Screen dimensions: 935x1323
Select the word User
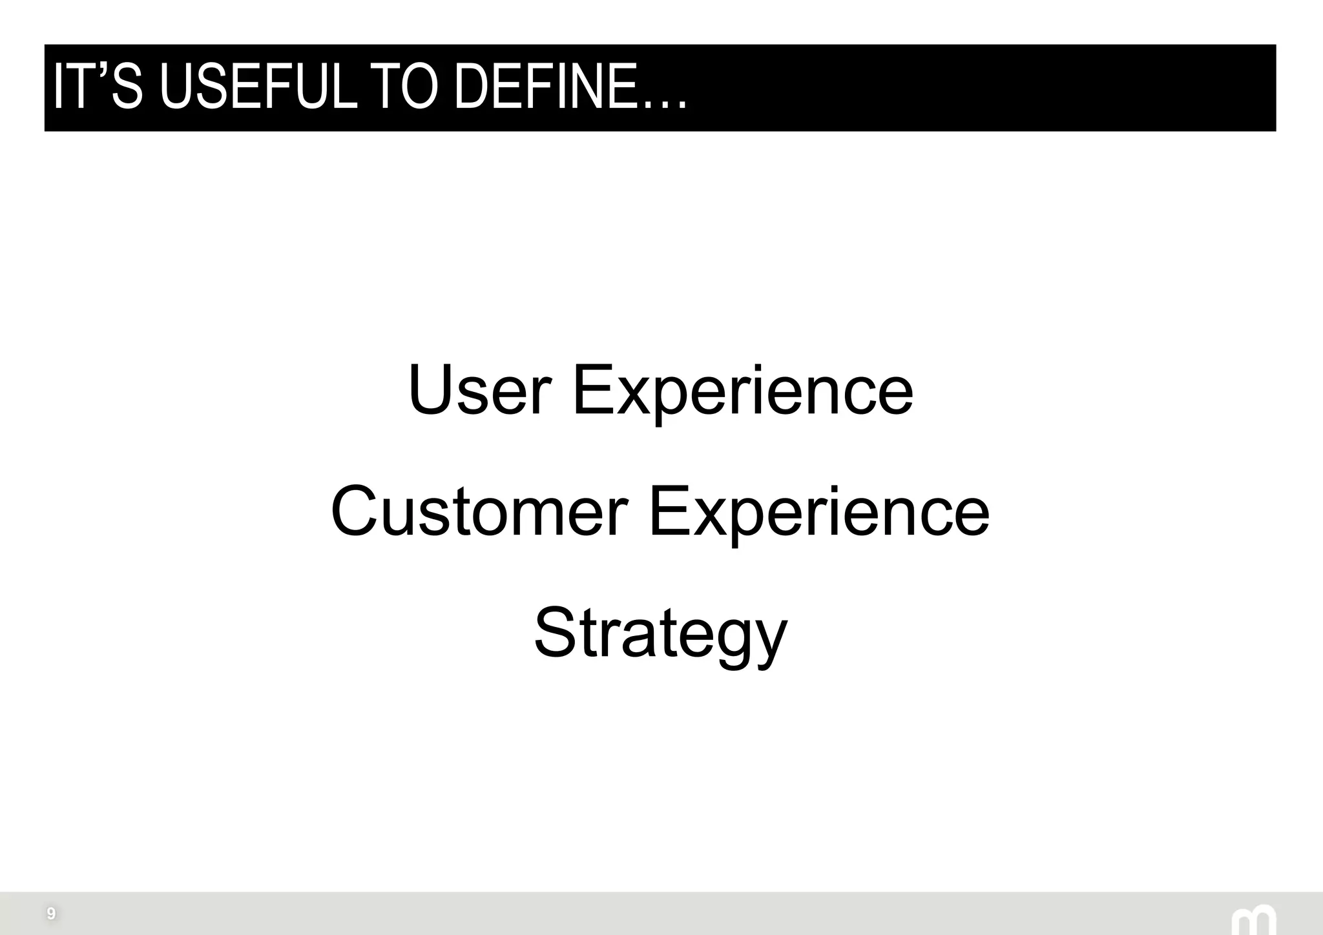pyautogui.click(x=479, y=390)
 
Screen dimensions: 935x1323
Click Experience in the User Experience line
pyautogui.click(x=743, y=390)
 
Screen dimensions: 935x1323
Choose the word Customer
pyautogui.click(x=479, y=511)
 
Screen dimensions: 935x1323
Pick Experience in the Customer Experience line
pyautogui.click(x=818, y=511)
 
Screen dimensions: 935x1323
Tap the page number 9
pyautogui.click(x=51, y=914)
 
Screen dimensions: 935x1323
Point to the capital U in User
pyautogui.click(x=430, y=390)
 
